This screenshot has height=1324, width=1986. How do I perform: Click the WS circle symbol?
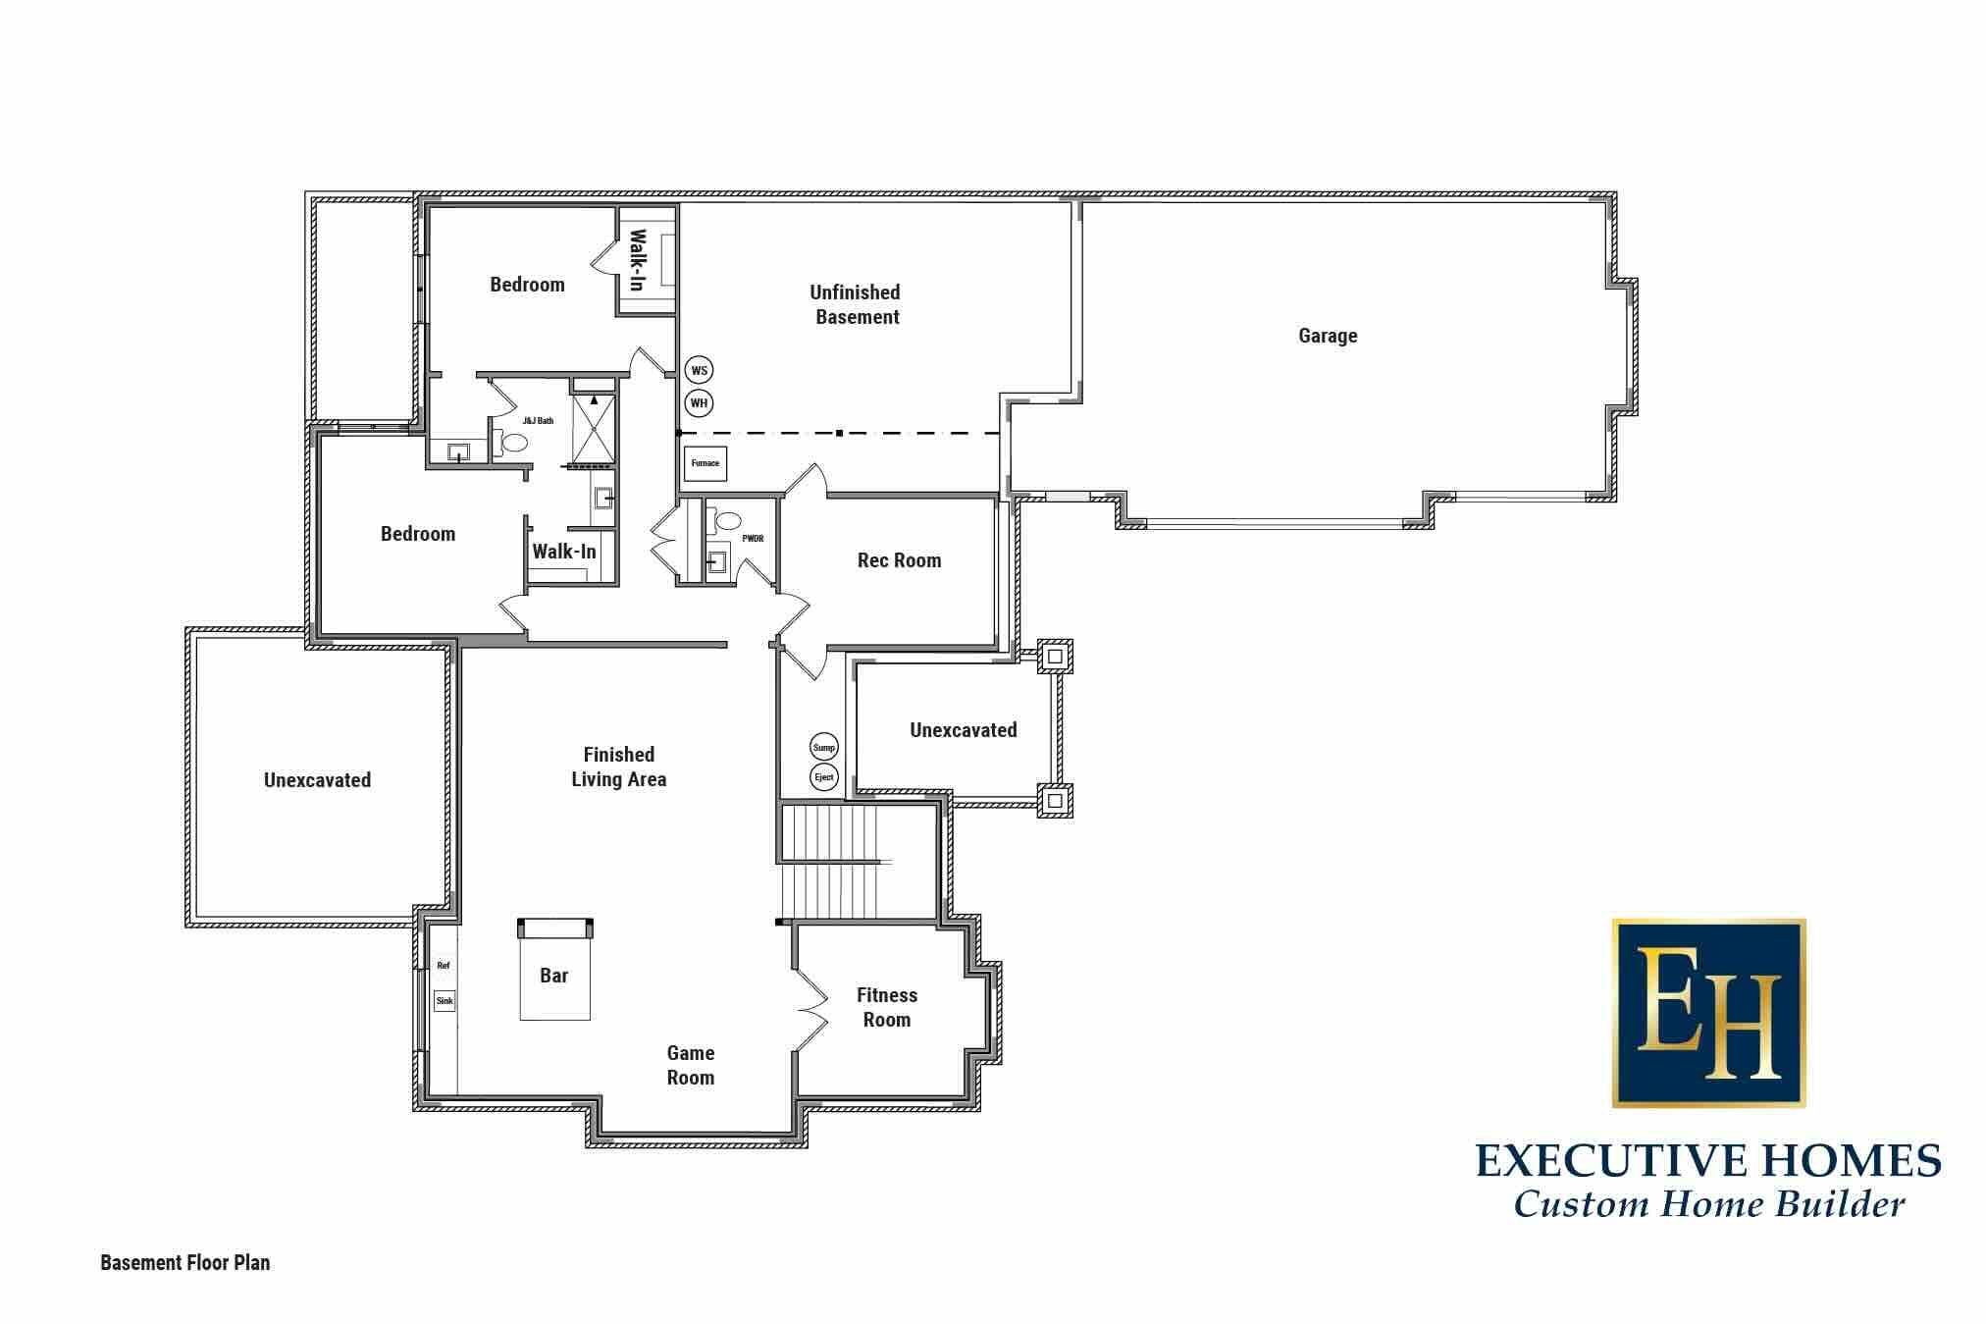pyautogui.click(x=699, y=370)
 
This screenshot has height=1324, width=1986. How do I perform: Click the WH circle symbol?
pyautogui.click(x=699, y=402)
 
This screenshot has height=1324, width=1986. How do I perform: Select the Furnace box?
pyautogui.click(x=705, y=463)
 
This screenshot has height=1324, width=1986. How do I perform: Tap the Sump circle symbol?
pyautogui.click(x=824, y=747)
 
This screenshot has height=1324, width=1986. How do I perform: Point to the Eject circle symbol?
pyautogui.click(x=824, y=777)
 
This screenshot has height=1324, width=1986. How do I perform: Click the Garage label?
pyautogui.click(x=1328, y=336)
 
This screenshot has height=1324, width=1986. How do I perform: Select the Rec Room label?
pyautogui.click(x=899, y=560)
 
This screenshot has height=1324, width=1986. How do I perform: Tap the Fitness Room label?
pyautogui.click(x=887, y=1007)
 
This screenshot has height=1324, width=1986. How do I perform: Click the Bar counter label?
pyautogui.click(x=553, y=976)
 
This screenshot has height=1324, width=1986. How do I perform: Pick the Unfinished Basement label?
pyautogui.click(x=856, y=304)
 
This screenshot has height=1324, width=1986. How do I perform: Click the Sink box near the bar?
pyautogui.click(x=444, y=1001)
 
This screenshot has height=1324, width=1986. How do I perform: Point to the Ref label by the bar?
pyautogui.click(x=444, y=966)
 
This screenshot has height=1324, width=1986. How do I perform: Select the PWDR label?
pyautogui.click(x=753, y=539)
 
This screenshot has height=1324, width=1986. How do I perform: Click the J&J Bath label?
pyautogui.click(x=538, y=421)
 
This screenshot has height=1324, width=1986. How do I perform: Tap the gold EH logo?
pyautogui.click(x=1708, y=1014)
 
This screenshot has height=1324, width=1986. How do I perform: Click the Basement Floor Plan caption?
pyautogui.click(x=185, y=1263)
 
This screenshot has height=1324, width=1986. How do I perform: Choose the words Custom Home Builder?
pyautogui.click(x=1709, y=1204)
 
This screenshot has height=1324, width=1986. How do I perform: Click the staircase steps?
pyautogui.click(x=836, y=861)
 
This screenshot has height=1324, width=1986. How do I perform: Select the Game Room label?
pyautogui.click(x=691, y=1065)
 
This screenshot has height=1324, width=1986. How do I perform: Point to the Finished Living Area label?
pyautogui.click(x=619, y=767)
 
